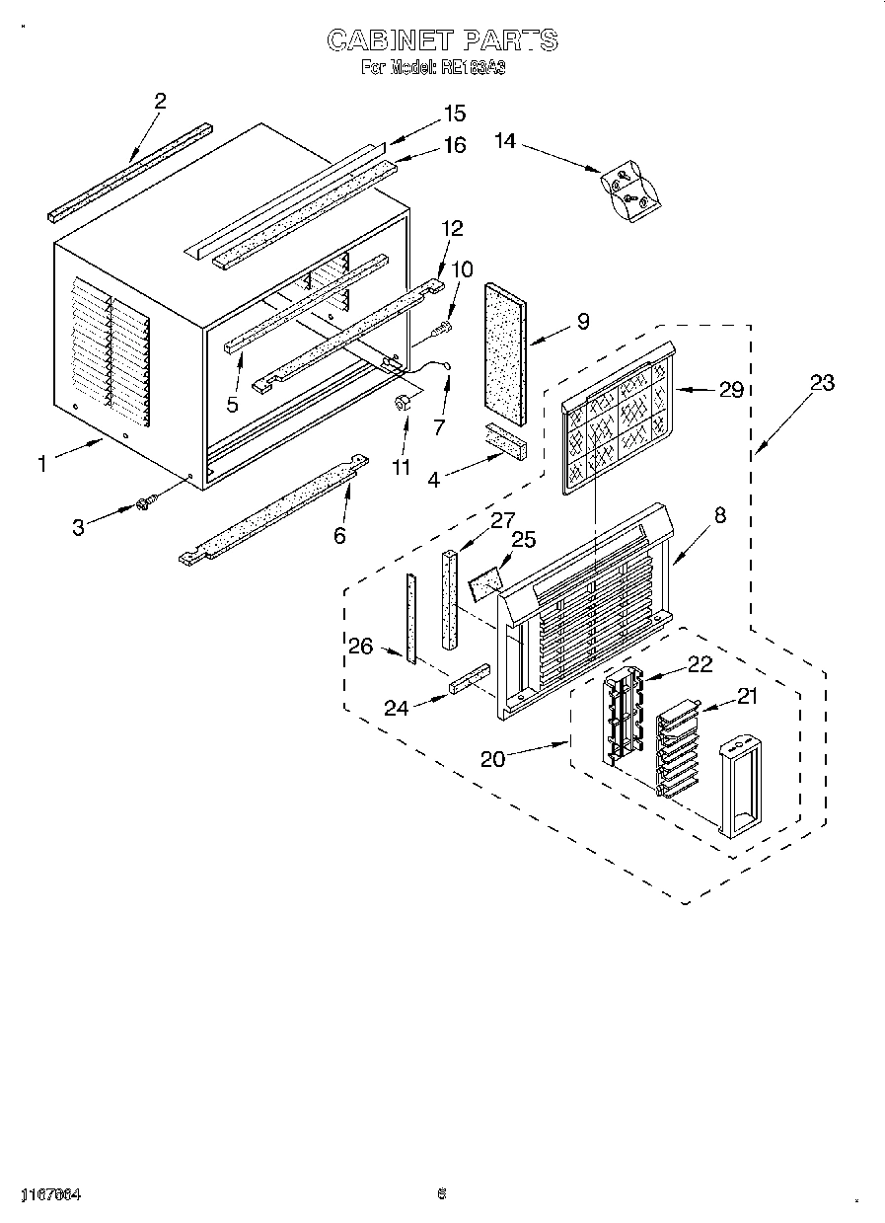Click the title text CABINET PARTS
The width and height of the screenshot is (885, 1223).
pyautogui.click(x=442, y=40)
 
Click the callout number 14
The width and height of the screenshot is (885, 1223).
pyautogui.click(x=505, y=142)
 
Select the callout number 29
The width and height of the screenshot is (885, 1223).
pyautogui.click(x=731, y=390)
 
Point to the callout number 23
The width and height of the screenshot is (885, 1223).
pyautogui.click(x=822, y=384)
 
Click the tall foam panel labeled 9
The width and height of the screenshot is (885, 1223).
pyautogui.click(x=505, y=350)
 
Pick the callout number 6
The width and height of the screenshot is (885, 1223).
pyautogui.click(x=339, y=535)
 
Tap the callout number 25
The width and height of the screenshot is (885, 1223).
pyautogui.click(x=524, y=540)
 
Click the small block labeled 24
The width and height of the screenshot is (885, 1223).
pyautogui.click(x=471, y=679)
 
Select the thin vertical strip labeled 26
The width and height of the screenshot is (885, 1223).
pyautogui.click(x=410, y=618)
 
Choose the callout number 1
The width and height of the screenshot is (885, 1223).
pyautogui.click(x=42, y=463)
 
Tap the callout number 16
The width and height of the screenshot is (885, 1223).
pyautogui.click(x=454, y=145)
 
